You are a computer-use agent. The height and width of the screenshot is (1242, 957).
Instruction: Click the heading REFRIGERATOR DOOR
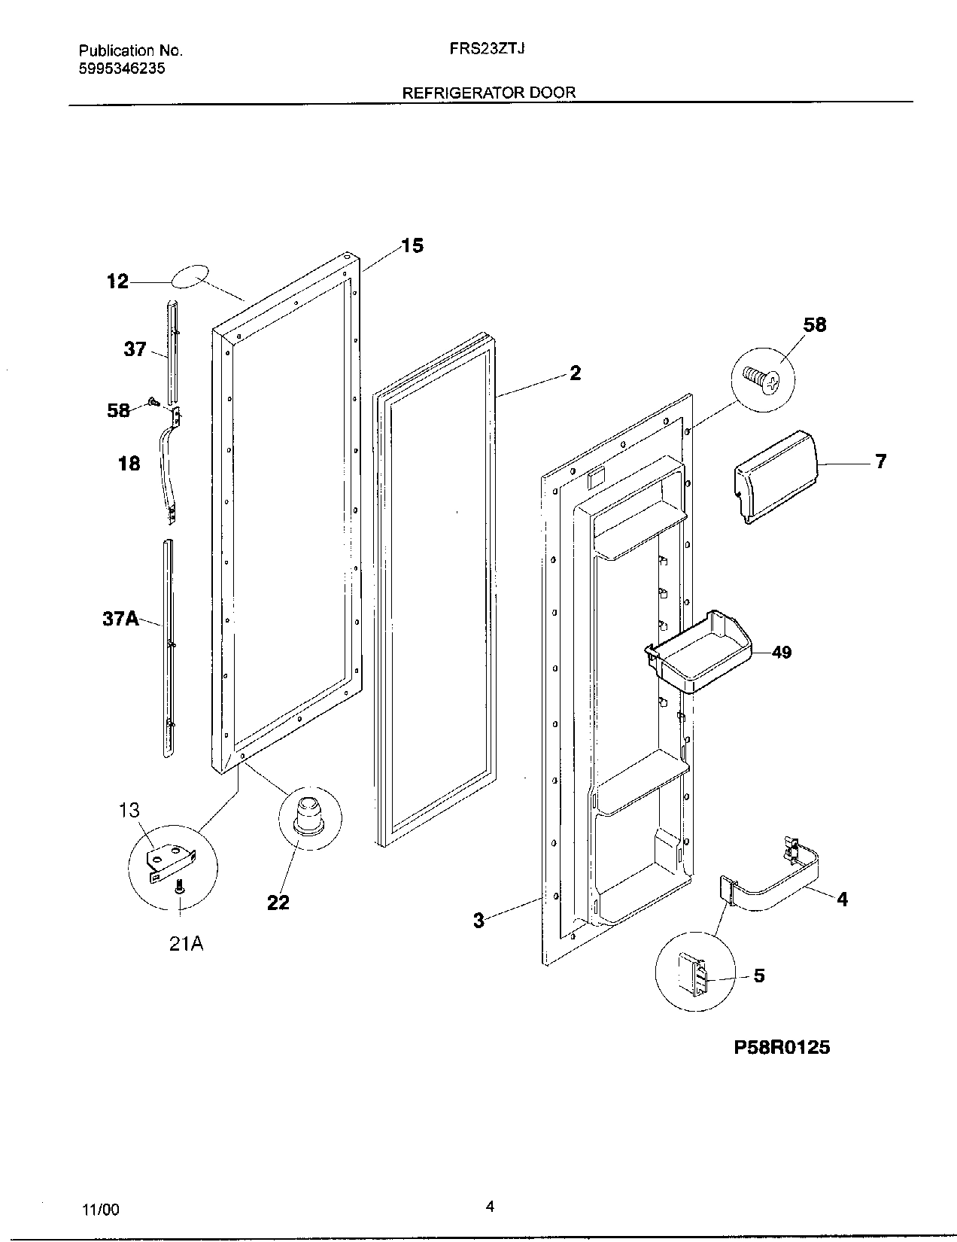489,93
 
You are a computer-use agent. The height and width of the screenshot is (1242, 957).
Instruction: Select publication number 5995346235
122,68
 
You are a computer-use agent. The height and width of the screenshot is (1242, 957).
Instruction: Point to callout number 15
412,245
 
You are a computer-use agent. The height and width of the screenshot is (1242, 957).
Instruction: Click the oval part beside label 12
190,276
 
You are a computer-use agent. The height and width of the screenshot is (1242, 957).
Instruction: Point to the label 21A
186,943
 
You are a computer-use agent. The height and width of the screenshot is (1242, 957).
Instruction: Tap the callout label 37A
120,619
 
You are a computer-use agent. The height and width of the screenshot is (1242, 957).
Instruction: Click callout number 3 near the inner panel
478,920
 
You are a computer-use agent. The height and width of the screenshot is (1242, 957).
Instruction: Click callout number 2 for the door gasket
575,373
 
